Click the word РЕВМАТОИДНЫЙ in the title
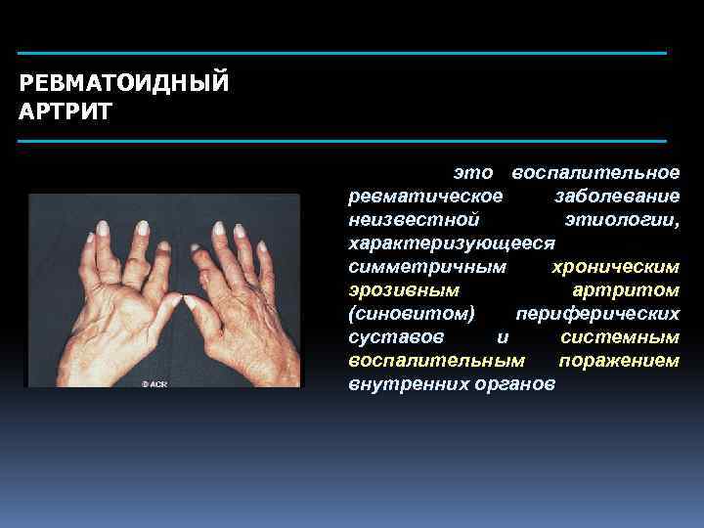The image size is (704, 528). pyautogui.click(x=124, y=82)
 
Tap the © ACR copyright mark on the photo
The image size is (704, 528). pyautogui.click(x=154, y=384)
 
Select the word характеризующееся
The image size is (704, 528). pyautogui.click(x=452, y=242)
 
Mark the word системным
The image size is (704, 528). pyautogui.click(x=620, y=336)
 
